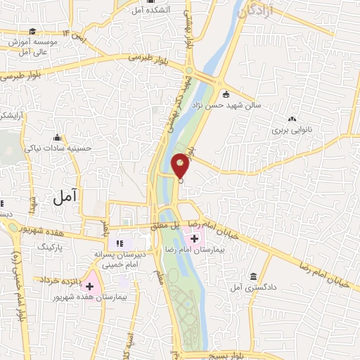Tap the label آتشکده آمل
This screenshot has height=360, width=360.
[x=147, y=10]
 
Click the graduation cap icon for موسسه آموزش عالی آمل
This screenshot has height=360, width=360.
[x=32, y=32]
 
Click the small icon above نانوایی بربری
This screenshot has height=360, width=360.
[x=292, y=120]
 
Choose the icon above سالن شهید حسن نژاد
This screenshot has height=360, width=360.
[x=225, y=94]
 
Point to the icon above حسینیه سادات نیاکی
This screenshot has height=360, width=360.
[x=57, y=138]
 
